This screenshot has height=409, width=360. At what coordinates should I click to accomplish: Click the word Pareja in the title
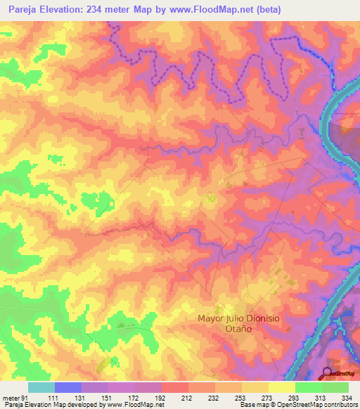(x=20, y=8)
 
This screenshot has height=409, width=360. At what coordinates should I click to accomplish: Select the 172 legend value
(x=133, y=397)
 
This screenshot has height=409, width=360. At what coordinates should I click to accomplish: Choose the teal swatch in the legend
(x=41, y=387)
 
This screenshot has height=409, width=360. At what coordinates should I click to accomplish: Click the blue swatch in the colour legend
(x=68, y=387)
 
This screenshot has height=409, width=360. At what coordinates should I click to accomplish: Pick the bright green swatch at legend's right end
(x=335, y=387)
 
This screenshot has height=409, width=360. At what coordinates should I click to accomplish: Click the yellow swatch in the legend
(x=282, y=387)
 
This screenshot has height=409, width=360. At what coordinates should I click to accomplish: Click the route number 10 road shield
(x=211, y=199)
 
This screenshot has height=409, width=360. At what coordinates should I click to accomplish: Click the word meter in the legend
(x=8, y=397)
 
